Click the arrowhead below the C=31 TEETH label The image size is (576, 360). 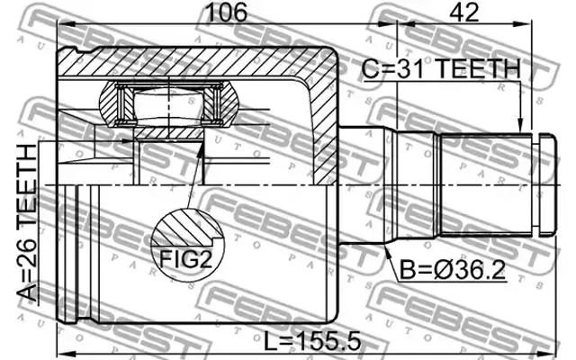pos(519,126)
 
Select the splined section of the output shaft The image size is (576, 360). pos(486,184)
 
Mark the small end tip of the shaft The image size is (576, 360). pos(545,184)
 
